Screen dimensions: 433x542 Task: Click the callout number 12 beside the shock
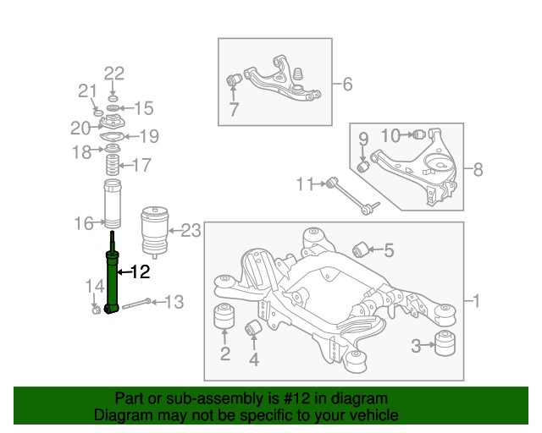point(140,272)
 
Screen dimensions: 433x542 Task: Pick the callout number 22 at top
point(114,73)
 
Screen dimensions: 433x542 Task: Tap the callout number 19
point(149,136)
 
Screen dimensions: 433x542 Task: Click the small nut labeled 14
point(96,306)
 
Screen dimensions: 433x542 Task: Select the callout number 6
point(347,84)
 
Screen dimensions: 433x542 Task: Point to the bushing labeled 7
point(236,80)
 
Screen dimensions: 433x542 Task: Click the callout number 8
point(478,169)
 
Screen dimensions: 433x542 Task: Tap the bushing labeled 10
point(417,134)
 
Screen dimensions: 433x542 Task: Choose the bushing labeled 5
point(358,249)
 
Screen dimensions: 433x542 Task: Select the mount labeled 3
point(445,344)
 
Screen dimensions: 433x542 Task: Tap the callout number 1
point(476,301)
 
